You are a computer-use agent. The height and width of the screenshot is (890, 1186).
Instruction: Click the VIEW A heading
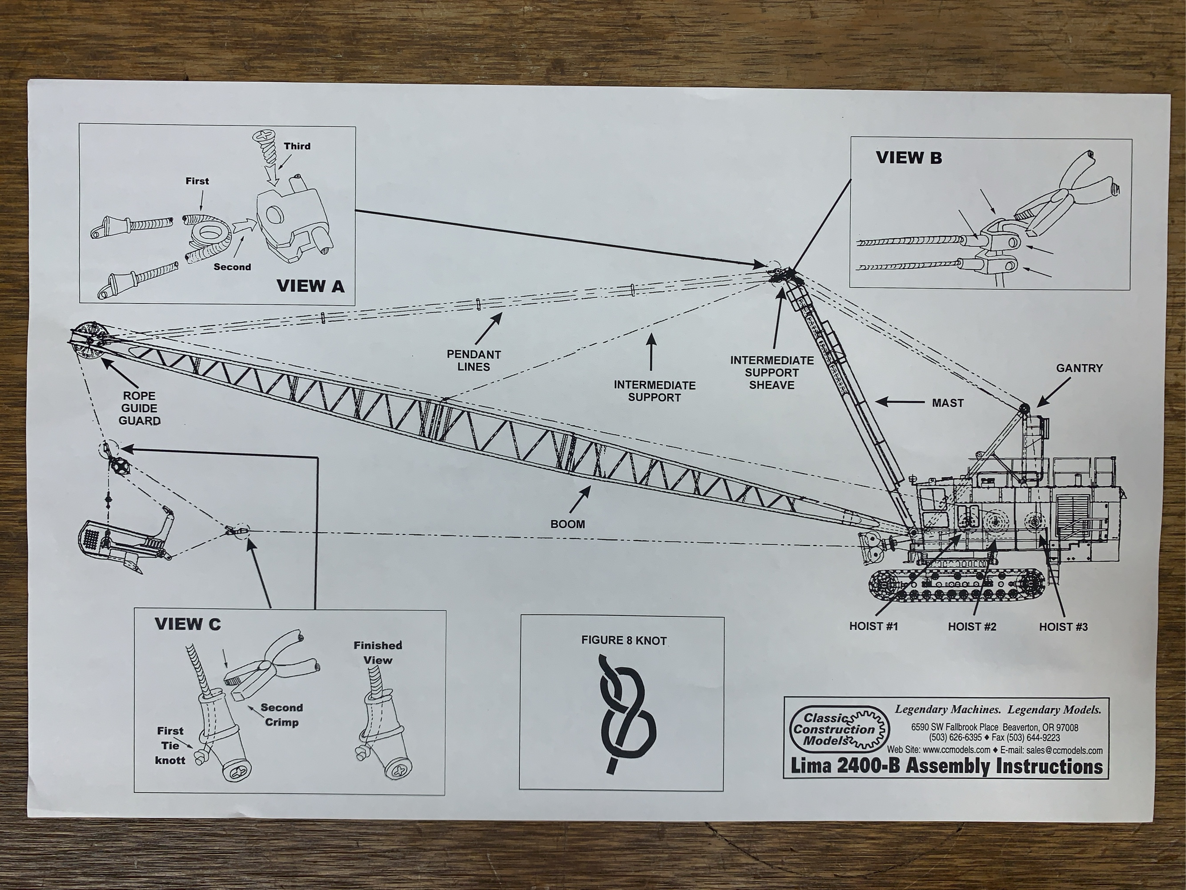point(310,287)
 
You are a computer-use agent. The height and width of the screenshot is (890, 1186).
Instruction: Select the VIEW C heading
point(188,624)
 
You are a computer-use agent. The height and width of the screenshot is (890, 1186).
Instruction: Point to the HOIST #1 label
point(873,627)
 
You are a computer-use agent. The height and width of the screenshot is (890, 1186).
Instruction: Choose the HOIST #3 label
point(1063,627)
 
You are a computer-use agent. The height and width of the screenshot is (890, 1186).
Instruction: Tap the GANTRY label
point(1079,368)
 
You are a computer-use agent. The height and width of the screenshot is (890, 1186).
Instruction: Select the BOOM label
point(567,524)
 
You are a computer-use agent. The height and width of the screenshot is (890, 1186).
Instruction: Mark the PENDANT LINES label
point(474,360)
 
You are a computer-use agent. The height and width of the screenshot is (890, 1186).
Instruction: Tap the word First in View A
point(197,181)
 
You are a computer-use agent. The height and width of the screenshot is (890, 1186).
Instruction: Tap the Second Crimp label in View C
point(282,715)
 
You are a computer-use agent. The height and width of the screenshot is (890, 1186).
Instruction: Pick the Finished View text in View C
point(378,652)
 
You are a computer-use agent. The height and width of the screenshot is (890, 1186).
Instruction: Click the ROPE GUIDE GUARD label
point(139,408)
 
